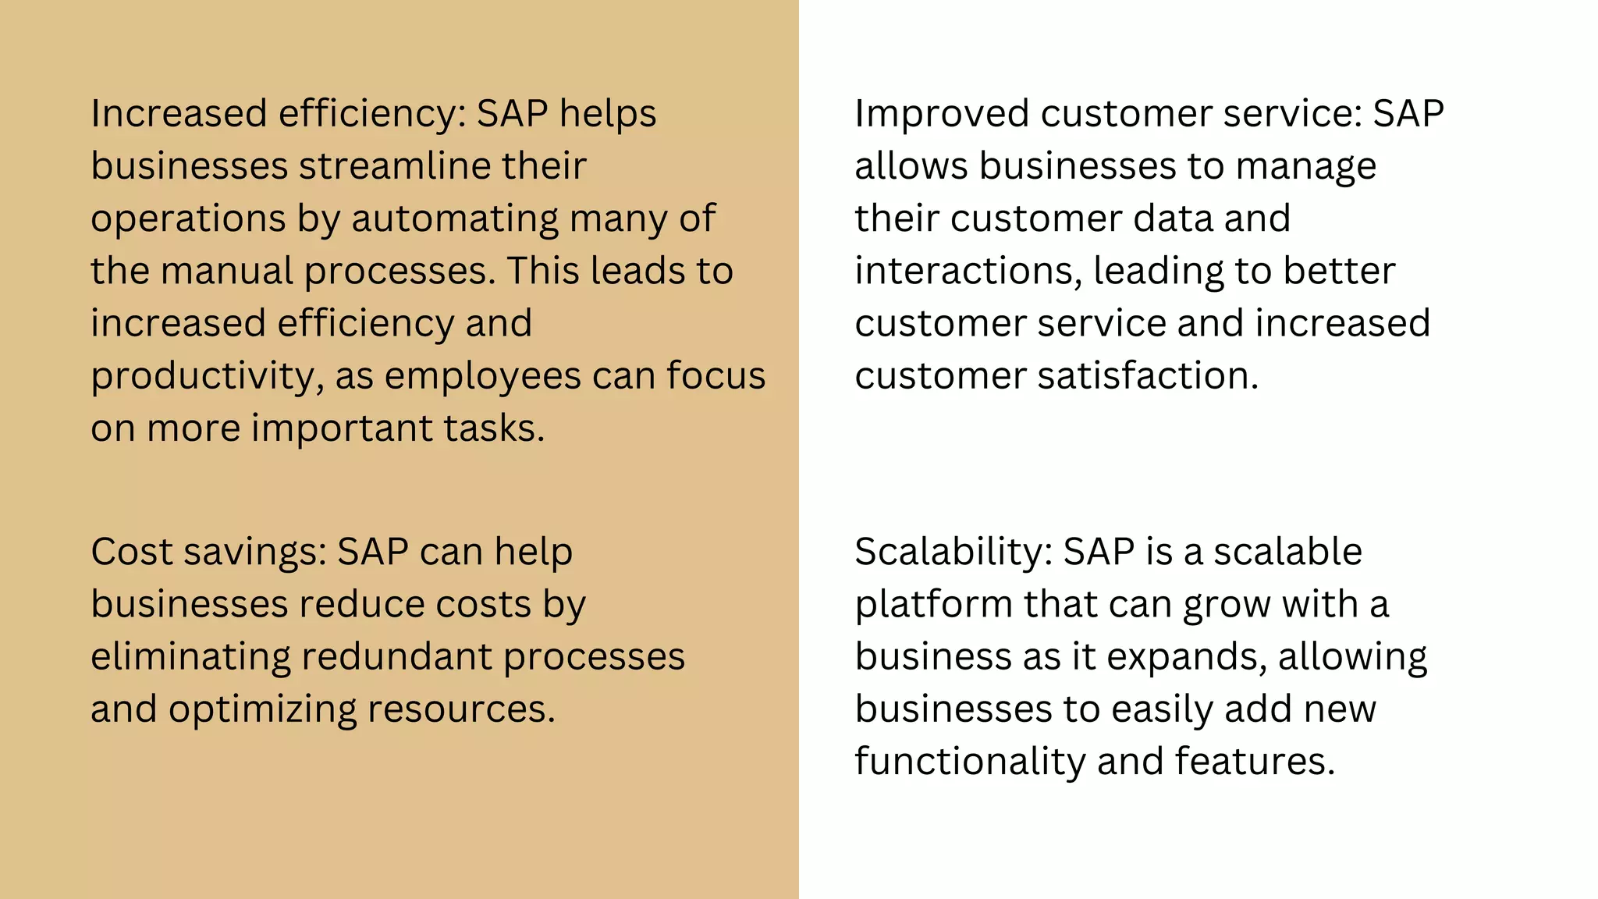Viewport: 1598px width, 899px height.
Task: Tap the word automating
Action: coord(455,219)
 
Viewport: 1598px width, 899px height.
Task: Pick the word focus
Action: coord(716,375)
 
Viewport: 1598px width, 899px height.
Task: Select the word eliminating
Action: coord(190,656)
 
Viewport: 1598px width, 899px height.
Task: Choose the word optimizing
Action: coord(262,709)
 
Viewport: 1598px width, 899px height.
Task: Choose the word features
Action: coord(1254,762)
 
